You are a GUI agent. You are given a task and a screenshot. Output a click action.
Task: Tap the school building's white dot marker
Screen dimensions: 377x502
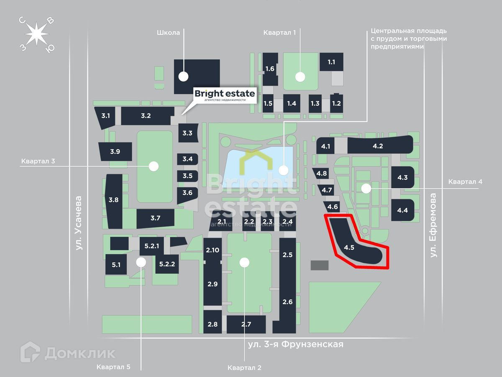coord(183,77)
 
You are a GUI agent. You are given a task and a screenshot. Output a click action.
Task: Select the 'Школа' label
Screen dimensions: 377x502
coord(169,33)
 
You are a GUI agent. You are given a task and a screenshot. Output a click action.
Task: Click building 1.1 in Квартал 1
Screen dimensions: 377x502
coord(331,62)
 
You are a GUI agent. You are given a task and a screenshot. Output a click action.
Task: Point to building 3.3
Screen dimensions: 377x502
coord(187,133)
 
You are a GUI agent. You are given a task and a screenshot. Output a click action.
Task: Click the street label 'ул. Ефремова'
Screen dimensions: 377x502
coord(434,225)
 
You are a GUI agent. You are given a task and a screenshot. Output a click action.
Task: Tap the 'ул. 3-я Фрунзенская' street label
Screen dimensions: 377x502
coord(295,344)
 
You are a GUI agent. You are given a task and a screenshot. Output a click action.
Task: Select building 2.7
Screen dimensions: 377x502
coord(246,325)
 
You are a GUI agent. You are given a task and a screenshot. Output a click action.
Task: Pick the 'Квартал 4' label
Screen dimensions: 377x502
coord(465,182)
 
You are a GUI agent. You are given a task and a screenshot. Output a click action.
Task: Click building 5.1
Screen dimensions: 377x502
coord(116,265)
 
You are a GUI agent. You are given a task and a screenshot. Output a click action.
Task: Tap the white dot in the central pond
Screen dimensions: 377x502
coord(284,170)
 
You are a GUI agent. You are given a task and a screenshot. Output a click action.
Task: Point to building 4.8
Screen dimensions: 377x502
coord(321,173)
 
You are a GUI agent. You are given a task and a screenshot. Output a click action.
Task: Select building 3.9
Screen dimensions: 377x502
coord(115,152)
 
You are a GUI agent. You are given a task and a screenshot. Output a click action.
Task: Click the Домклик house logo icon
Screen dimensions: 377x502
coord(30,352)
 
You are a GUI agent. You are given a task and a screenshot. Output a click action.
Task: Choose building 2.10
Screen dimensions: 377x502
coord(213,250)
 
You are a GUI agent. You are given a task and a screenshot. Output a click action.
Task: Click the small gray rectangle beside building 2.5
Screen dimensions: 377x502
coord(320,265)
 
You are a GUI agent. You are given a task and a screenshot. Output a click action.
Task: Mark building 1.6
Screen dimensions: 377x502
coord(270,68)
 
